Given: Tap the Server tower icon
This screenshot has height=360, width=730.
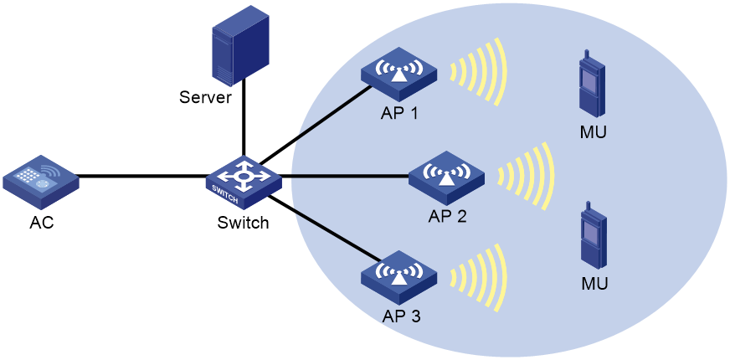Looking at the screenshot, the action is pos(240,48).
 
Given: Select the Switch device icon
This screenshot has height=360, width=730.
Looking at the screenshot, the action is pos(244,182).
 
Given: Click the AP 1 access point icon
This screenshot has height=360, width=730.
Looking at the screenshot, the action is pos(399,74).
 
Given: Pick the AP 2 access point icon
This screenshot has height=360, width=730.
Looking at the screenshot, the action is pos(446,177).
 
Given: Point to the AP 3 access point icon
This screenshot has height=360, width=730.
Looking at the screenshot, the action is pos(399,277).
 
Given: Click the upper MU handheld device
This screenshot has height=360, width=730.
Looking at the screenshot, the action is pos(593,87).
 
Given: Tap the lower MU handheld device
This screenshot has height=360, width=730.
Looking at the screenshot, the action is pos(593,237).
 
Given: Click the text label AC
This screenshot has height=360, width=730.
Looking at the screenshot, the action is pos(41,223).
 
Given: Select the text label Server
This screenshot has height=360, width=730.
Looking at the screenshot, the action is pos(205,98).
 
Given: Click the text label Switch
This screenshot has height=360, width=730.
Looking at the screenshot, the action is pos(243,223).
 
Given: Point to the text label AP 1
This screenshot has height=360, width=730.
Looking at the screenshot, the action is pos(399,113).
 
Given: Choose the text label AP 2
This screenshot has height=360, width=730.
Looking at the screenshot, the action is pos(447,217).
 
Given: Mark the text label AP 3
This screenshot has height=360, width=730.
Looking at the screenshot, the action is pos(401,316).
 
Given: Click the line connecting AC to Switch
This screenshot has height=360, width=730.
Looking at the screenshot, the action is pos(142,176).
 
